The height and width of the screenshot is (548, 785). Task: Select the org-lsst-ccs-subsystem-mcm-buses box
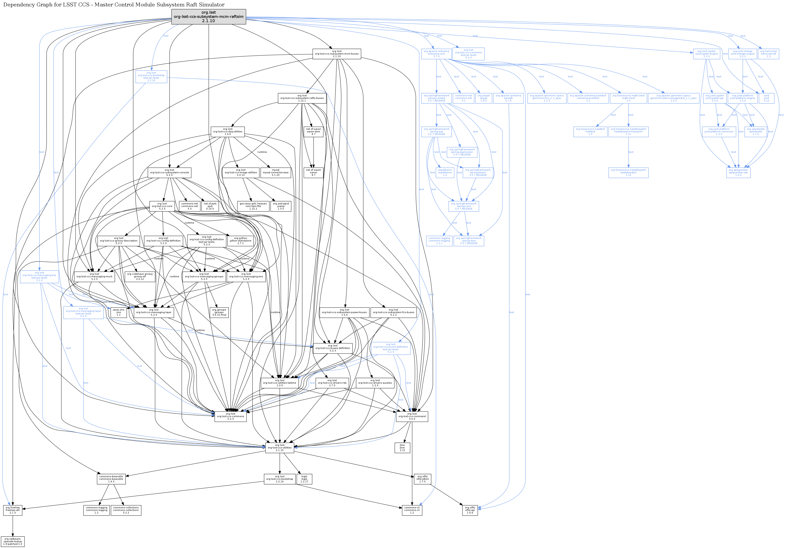click(337, 54)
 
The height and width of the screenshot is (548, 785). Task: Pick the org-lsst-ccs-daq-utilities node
click(228, 132)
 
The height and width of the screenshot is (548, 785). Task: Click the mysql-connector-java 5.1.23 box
click(276, 172)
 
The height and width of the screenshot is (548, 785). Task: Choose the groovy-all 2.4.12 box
click(140, 276)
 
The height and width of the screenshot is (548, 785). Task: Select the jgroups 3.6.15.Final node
click(219, 312)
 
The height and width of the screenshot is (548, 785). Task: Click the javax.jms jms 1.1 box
click(119, 312)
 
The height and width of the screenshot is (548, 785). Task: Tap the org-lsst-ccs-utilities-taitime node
click(280, 383)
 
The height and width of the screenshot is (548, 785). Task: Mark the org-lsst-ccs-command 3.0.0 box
click(412, 416)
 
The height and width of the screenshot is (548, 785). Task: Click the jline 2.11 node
click(402, 448)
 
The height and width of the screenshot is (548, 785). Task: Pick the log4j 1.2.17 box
click(304, 479)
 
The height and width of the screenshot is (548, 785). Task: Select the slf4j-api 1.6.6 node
click(470, 510)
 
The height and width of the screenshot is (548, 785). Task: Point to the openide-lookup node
click(13, 542)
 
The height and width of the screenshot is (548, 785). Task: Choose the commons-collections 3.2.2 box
click(126, 510)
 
